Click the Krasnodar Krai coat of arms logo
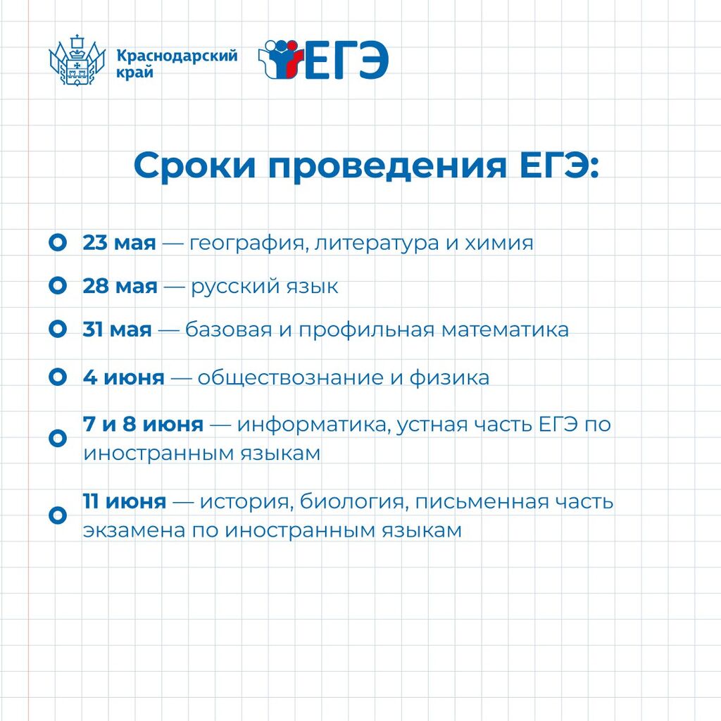(x=77, y=61)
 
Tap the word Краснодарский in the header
(x=177, y=56)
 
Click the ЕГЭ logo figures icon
(x=280, y=59)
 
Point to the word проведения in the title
(x=388, y=165)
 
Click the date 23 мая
(x=120, y=242)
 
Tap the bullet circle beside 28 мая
(x=58, y=286)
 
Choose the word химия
(x=499, y=243)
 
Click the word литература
(x=377, y=243)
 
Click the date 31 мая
(x=118, y=330)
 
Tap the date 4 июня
(x=124, y=377)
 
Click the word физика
(x=449, y=377)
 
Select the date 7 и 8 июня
(x=143, y=424)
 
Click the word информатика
(x=315, y=425)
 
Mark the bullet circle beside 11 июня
(x=58, y=515)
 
